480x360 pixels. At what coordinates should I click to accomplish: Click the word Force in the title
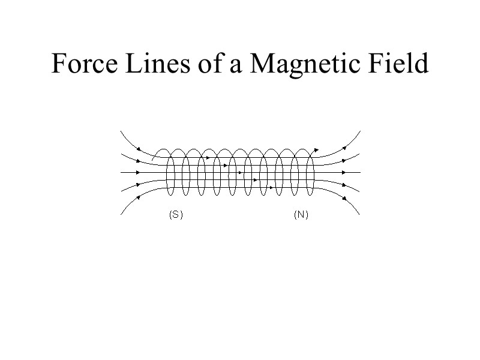(85, 64)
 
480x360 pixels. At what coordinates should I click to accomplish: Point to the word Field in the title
(399, 64)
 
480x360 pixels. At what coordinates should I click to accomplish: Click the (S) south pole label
(175, 215)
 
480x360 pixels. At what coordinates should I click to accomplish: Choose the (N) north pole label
(301, 215)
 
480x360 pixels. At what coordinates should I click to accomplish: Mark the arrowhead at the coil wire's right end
(317, 150)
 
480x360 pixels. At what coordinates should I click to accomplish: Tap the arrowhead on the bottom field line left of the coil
(139, 196)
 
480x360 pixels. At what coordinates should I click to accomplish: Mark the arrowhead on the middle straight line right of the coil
(344, 172)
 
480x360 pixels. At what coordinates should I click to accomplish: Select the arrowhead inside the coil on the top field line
(208, 157)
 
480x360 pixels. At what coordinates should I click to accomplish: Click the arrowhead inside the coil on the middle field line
(240, 172)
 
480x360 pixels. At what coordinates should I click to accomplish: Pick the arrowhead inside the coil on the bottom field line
(271, 187)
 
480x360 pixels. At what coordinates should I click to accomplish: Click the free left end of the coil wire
(152, 159)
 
